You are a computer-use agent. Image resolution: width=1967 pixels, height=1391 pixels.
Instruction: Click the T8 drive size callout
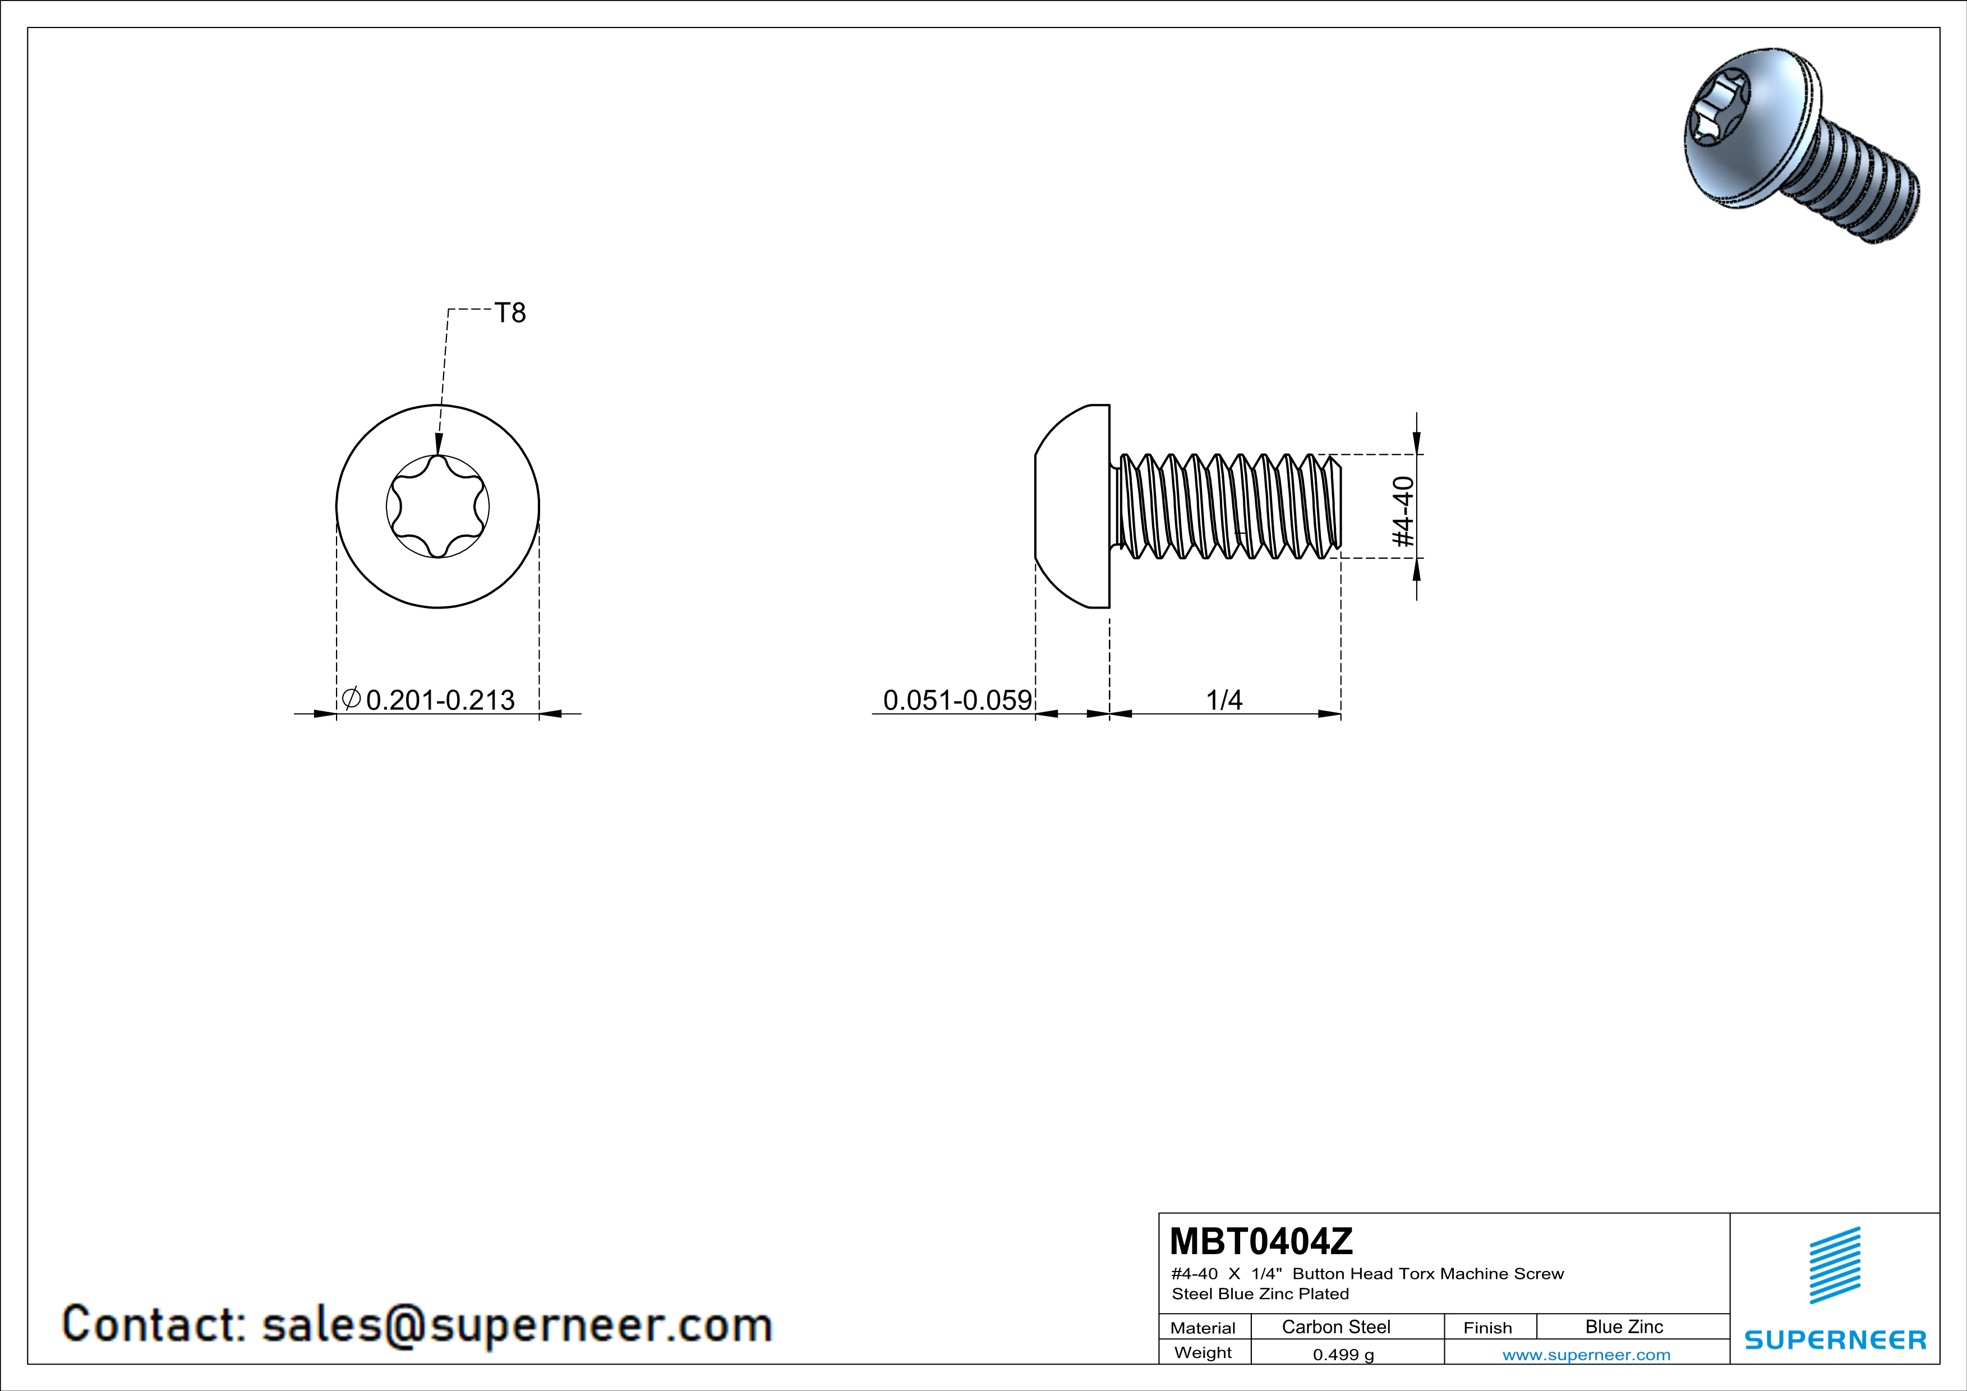point(510,314)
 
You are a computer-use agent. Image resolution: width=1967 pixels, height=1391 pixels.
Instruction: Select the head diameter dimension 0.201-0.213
point(440,700)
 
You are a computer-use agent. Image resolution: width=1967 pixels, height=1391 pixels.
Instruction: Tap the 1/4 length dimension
point(1224,700)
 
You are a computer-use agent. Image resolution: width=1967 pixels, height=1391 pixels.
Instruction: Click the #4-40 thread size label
point(1402,512)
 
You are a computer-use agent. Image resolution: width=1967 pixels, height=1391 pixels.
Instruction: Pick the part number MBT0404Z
point(1261,1241)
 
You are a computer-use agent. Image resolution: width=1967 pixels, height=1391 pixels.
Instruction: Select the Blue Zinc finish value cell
point(1624,1326)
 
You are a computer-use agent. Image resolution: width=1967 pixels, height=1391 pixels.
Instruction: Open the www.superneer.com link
point(1587,1354)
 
